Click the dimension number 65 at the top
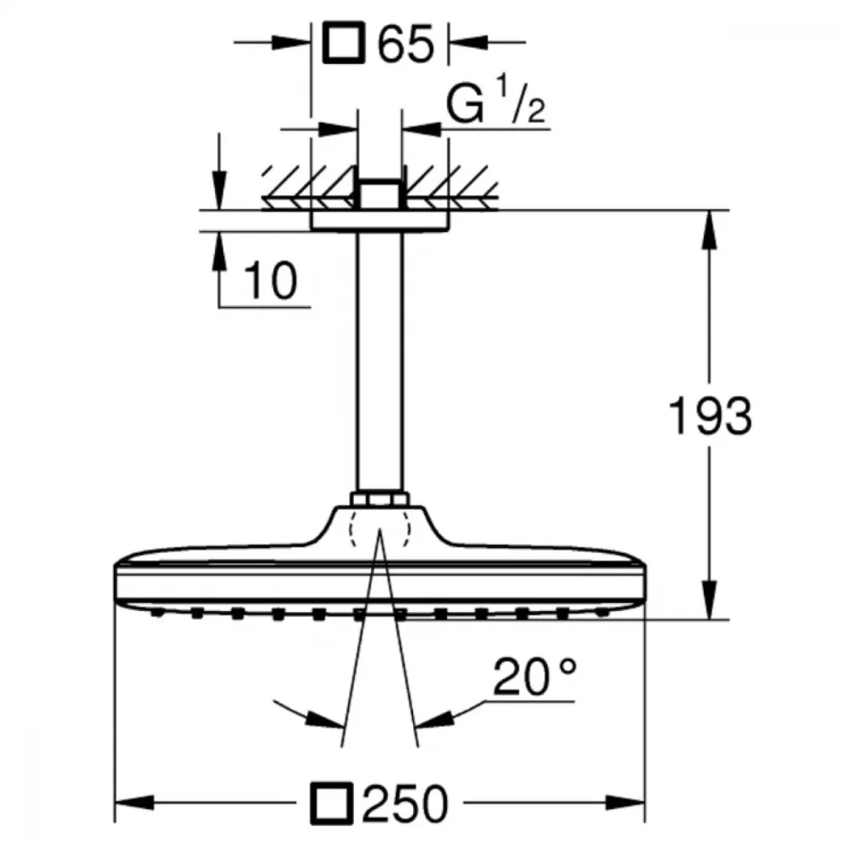(405, 44)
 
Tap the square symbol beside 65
(344, 42)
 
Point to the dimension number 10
(271, 281)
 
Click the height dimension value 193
(710, 416)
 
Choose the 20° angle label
(534, 676)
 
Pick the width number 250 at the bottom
(405, 803)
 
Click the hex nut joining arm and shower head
(379, 499)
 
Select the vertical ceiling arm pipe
(379, 362)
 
